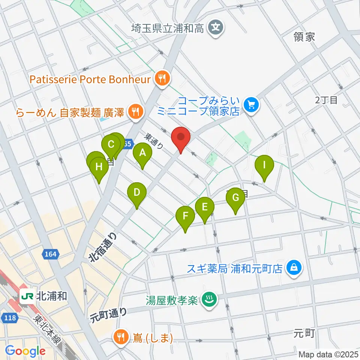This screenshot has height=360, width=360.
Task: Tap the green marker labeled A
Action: tap(142, 153)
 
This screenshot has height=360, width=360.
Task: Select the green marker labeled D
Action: tap(137, 193)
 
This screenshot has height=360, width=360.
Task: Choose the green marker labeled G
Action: tap(235, 198)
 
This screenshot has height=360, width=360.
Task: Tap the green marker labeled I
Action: tap(264, 165)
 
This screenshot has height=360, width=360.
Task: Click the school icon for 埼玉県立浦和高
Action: tap(216, 27)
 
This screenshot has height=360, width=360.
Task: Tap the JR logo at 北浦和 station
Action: tap(27, 296)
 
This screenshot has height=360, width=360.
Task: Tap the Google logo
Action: tap(25, 351)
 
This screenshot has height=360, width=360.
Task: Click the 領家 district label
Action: tap(304, 36)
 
